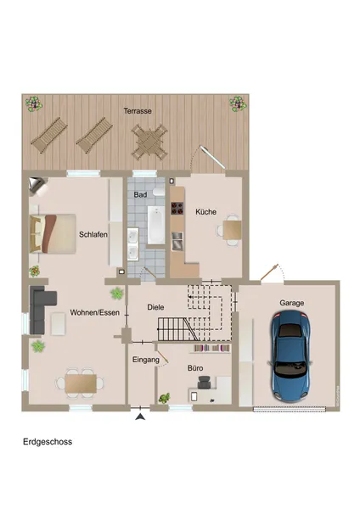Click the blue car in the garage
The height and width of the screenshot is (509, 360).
pos(290,355)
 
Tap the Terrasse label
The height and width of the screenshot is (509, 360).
pos(138,111)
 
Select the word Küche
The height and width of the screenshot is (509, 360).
pos(206,212)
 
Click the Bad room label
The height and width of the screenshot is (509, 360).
pos(140,195)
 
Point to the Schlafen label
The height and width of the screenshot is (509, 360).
pos(93,234)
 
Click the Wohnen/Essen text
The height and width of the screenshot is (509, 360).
pos(95,312)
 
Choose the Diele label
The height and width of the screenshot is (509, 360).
pos(155,307)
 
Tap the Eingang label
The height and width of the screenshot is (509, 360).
pos(146,360)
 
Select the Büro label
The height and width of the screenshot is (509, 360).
pos(195,368)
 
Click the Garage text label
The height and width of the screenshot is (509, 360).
pos(292,303)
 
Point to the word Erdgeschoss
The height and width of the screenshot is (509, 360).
pos(48,442)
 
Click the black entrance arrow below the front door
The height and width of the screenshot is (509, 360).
pos(140,417)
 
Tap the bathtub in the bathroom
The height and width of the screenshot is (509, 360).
pos(156,225)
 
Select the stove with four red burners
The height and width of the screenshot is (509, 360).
pos(177,209)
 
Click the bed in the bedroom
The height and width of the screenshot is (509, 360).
pos(53,233)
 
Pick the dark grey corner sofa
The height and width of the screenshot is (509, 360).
pos(41,310)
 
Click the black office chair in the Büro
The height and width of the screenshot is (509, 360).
pos(204,383)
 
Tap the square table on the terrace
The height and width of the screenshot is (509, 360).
pos(149,143)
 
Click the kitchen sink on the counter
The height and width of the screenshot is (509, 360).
pos(177,241)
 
